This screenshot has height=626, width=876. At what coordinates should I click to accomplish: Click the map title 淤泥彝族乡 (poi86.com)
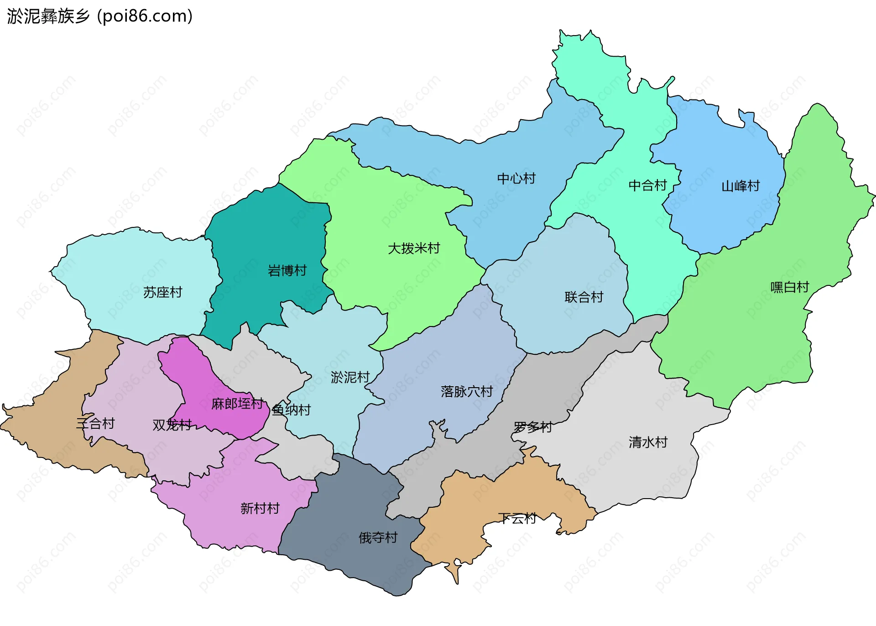[99, 16]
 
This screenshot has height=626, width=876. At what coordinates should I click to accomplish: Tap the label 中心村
[516, 179]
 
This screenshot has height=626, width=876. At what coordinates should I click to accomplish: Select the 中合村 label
[647, 185]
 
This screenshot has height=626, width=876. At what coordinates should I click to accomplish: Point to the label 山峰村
[740, 186]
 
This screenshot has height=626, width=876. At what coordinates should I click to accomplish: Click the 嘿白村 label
[789, 287]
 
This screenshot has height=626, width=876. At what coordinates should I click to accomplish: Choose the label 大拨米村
[414, 248]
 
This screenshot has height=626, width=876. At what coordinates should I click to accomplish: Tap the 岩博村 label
[287, 271]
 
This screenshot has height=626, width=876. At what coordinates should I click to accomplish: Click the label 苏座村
[162, 292]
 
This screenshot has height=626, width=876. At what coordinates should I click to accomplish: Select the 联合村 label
[584, 297]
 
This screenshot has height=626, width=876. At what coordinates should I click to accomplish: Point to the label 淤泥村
[350, 377]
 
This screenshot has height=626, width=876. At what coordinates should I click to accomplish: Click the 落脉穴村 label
[467, 391]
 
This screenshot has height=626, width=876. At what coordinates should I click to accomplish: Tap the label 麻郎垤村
[237, 404]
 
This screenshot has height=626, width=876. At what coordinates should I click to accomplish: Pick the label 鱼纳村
[291, 410]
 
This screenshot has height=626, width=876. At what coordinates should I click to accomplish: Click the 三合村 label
[95, 424]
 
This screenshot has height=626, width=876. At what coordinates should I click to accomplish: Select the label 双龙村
[172, 425]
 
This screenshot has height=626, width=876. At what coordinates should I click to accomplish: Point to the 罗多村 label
[532, 427]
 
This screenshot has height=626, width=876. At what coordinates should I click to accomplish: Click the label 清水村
[648, 442]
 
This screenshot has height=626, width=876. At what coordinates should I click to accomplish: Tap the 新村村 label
[260, 508]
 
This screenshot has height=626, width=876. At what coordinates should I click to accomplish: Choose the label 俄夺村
[378, 537]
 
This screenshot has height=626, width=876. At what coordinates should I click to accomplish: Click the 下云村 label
[517, 518]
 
